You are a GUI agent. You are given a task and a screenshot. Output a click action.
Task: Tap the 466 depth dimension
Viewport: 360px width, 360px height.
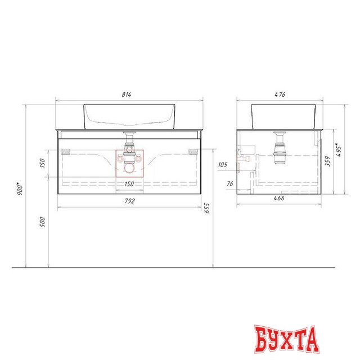[x=279, y=199]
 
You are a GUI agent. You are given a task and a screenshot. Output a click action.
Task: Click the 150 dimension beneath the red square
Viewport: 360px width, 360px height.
[x=129, y=184]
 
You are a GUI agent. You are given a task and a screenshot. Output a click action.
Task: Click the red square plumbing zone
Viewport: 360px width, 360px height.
[x=129, y=164]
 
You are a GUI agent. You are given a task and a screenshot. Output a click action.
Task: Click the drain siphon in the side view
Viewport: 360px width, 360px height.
[x=280, y=148]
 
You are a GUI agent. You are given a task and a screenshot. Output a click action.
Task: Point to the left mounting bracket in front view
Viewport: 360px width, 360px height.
[x=65, y=151]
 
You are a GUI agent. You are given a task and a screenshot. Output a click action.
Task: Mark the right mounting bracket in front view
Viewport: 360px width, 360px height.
[x=194, y=151]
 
